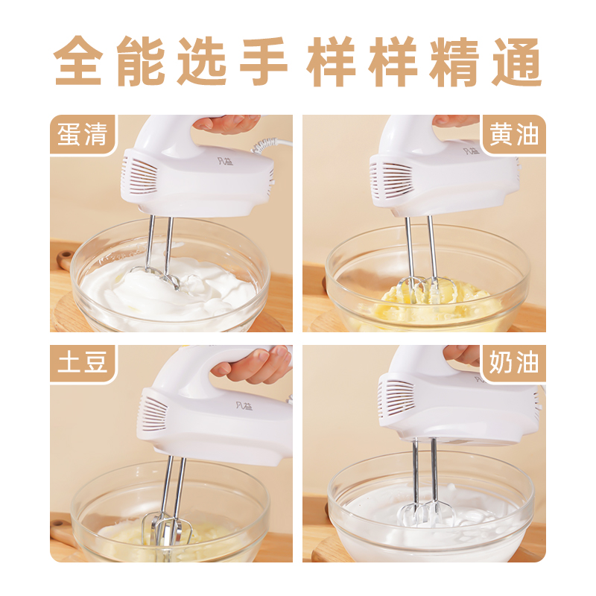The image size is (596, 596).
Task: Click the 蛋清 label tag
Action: point(83,136)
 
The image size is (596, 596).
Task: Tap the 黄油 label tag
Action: point(514,136)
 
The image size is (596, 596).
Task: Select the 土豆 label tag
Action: point(83,364)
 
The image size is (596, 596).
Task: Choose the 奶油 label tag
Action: point(514,364)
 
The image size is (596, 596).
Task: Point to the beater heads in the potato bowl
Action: point(169,531)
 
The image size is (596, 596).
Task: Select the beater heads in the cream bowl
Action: point(422,513)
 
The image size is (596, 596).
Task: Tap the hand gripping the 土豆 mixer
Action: point(253,364)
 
